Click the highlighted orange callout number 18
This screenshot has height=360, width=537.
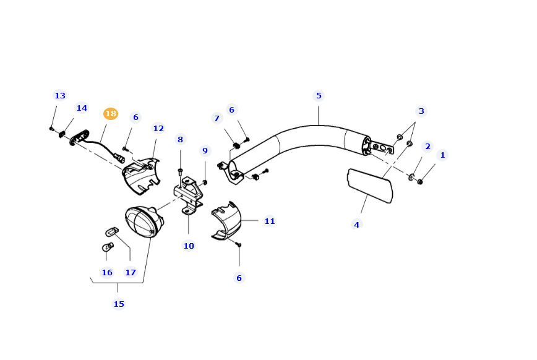tap(111, 114)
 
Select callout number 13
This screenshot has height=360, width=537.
tap(60, 96)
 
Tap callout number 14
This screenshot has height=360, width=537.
tap(82, 108)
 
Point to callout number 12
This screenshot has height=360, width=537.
tap(158, 129)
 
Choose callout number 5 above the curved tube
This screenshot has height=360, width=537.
tap(319, 96)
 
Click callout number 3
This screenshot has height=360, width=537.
tap(421, 111)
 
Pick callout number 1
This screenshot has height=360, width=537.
tap(442, 155)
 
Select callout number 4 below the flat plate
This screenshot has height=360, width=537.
tap(356, 225)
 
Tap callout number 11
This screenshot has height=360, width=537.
tap(270, 221)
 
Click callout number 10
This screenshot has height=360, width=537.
tap(189, 246)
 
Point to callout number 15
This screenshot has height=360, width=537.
tap(119, 304)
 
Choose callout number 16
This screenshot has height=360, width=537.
tap(107, 273)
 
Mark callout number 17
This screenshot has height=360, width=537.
tap(131, 273)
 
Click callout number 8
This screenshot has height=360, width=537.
tap(181, 140)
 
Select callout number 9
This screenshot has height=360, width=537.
tap(205, 151)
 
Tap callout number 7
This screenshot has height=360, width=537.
tap(217, 119)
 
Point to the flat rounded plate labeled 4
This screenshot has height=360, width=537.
tap(370, 185)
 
